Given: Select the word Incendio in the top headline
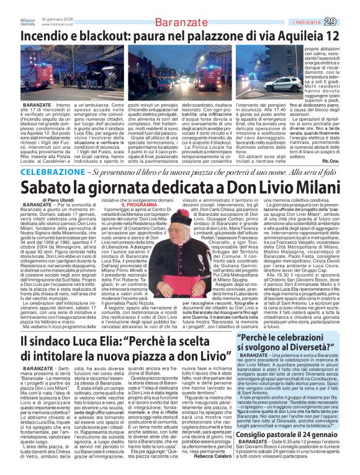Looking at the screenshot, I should (x=43, y=36).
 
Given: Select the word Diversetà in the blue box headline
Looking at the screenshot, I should (x=313, y=347).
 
